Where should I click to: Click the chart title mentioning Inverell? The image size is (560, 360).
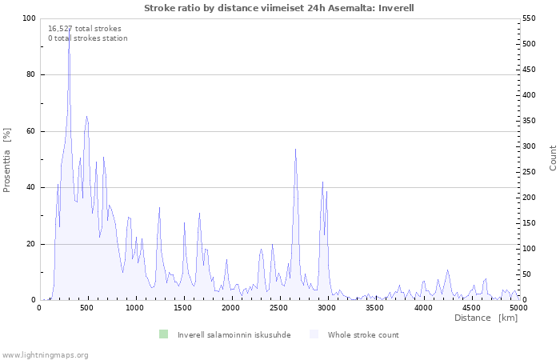coord(279,8)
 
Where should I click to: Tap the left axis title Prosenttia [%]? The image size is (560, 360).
coord(7,160)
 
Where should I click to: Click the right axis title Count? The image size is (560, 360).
coord(553,158)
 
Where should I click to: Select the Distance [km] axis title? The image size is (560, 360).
coord(486,318)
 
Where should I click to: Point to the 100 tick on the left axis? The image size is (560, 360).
coord(29,18)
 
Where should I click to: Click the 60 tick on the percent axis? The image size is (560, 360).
coord(31,131)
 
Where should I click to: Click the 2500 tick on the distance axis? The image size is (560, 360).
coord(279,307)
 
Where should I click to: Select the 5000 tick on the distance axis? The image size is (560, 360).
coord(518,307)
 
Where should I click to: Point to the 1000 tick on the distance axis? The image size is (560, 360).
coord(135,307)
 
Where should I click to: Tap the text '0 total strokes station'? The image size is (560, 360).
coord(87,38)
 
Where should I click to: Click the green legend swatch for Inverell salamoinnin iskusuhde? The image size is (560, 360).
coord(163,334)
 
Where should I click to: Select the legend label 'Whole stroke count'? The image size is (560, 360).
coord(362,334)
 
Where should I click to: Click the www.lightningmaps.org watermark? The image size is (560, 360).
coord(45,354)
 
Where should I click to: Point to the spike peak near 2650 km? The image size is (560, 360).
coord(295,149)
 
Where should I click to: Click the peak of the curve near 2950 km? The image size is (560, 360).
coord(322,182)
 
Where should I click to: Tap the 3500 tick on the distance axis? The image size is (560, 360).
coord(374,307)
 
